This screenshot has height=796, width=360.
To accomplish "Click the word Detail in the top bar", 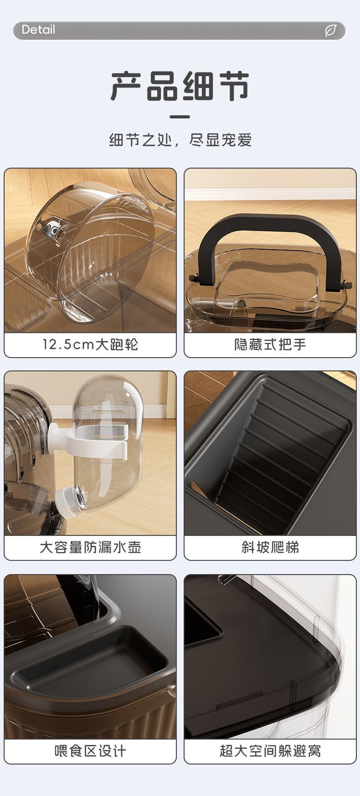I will click(x=38, y=30).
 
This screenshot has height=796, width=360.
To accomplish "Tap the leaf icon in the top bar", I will click(x=330, y=31).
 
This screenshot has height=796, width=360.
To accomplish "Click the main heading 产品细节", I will click(x=180, y=86).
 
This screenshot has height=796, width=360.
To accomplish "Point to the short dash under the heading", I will click(x=180, y=117).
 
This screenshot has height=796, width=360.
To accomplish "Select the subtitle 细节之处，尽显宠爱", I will click(x=180, y=140).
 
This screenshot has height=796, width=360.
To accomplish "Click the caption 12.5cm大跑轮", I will click(x=90, y=344).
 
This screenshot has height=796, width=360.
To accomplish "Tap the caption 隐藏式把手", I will click(x=270, y=344).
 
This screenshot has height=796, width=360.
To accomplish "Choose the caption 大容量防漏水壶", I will click(x=90, y=547).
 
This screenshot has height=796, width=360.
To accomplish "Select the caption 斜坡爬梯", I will click(x=270, y=547).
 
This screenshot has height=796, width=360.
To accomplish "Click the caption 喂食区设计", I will click(x=90, y=750).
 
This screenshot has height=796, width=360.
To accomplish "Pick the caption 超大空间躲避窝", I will click(x=270, y=750).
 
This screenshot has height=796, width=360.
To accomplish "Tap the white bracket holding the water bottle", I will click(x=98, y=442).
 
